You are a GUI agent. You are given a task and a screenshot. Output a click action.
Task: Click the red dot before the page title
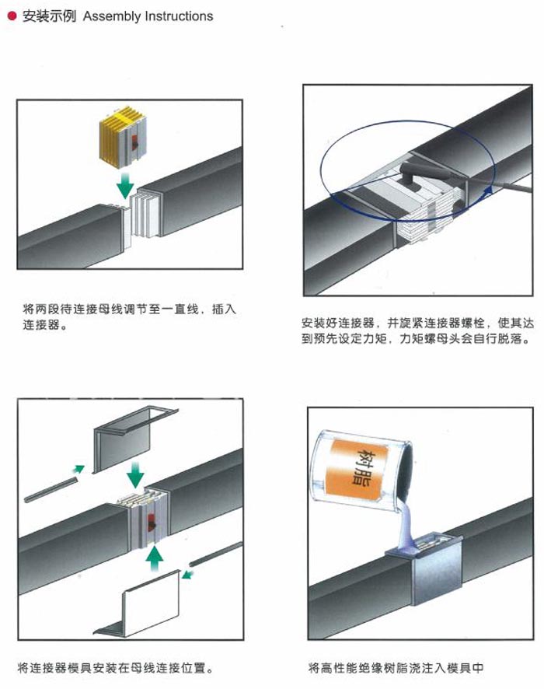(x=12, y=16)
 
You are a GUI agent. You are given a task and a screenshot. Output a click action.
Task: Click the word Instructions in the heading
(x=179, y=16)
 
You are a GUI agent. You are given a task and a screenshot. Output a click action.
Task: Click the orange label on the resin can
(x=363, y=465)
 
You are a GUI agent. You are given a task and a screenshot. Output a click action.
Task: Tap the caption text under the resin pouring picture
(x=396, y=667)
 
